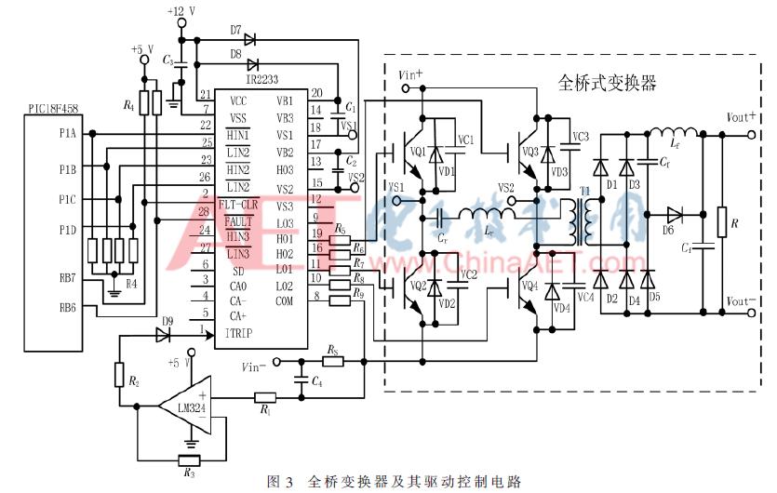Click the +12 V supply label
tap(181, 11)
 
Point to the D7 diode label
tap(236, 29)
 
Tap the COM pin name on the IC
tap(285, 300)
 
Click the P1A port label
tap(68, 134)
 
